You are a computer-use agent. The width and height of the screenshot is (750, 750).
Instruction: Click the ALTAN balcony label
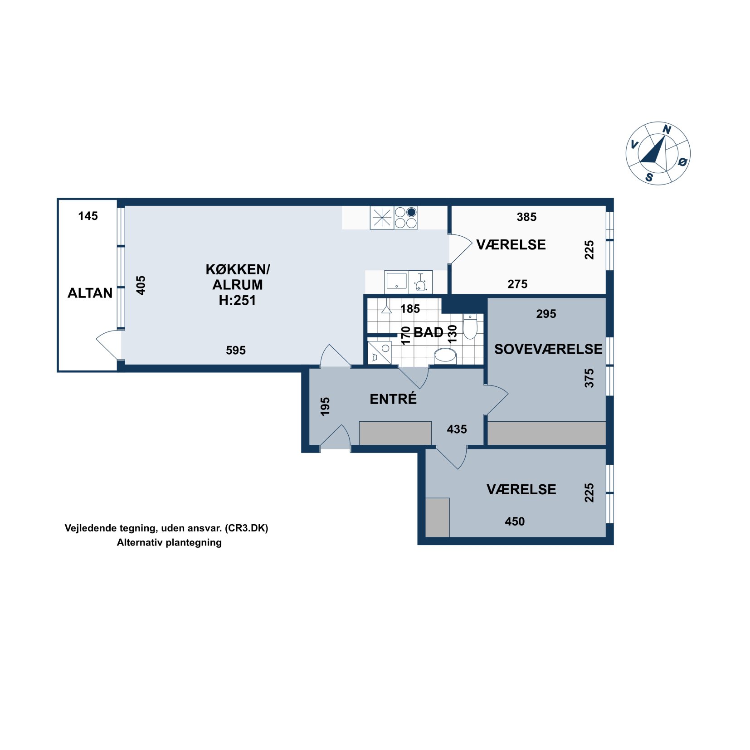pos(90,293)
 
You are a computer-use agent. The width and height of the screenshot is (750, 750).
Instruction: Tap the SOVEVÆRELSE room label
pos(548,349)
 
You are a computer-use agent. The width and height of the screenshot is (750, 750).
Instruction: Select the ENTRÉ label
pos(393,399)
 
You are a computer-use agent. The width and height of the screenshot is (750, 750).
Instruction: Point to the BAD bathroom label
pos(429,332)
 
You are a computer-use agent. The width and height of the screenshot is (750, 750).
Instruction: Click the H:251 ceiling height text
pos(238,300)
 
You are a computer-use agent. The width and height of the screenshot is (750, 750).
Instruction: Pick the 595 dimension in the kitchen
pos(236,350)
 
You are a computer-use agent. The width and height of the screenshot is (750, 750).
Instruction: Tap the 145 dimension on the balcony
pos(88,216)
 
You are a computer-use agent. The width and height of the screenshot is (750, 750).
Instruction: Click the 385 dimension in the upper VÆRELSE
pos(526,217)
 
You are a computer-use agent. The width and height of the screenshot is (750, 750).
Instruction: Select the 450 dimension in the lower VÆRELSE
pos(515,521)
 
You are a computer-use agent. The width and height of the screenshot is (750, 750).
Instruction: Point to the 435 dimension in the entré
pos(457,429)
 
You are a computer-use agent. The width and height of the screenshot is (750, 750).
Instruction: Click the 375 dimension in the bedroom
pos(589,378)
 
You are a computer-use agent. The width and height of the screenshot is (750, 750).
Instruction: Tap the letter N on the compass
pos(667,130)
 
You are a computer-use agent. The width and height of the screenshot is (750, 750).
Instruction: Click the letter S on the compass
pos(649,177)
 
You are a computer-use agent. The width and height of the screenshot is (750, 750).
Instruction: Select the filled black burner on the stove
pos(411,212)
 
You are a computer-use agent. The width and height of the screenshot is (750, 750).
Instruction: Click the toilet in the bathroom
pos(470,326)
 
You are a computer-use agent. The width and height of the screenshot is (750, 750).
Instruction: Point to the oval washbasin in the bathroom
pos(445,356)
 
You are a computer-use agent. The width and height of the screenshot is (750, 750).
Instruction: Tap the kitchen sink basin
pos(396,281)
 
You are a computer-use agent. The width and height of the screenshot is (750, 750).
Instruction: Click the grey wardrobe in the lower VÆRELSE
pos(438,517)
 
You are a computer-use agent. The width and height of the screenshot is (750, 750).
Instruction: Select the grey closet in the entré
pos(395,433)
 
